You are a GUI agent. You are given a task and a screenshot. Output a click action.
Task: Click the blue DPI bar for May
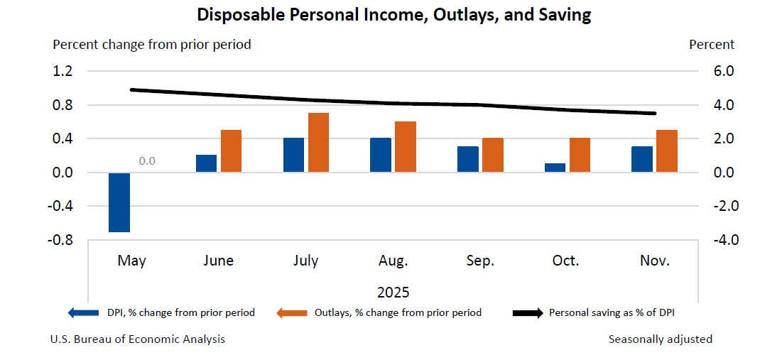click(119, 202)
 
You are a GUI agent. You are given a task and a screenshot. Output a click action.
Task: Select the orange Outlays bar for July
click(318, 143)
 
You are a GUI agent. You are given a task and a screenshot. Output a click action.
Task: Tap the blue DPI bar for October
click(555, 168)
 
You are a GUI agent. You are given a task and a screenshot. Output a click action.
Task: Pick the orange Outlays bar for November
click(666, 151)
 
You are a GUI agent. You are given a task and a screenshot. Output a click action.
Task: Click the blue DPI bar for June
click(207, 163)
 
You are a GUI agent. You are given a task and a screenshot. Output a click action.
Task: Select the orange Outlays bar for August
click(406, 147)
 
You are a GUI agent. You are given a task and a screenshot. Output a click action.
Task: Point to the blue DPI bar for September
click(467, 159)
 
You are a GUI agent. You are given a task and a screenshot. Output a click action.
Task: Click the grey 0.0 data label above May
click(147, 161)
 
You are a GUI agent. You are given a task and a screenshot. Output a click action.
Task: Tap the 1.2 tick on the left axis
click(63, 71)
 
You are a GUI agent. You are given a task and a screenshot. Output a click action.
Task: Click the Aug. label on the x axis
click(393, 261)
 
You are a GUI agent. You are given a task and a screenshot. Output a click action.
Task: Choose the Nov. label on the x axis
click(653, 261)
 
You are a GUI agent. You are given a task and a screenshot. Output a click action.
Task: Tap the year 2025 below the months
click(393, 293)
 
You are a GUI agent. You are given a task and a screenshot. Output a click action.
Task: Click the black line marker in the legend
click(528, 312)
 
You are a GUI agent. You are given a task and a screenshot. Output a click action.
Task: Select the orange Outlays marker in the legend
click(293, 312)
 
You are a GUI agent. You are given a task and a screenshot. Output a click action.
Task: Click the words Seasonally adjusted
click(660, 339)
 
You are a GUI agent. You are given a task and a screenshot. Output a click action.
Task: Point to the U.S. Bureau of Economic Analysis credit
click(138, 339)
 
